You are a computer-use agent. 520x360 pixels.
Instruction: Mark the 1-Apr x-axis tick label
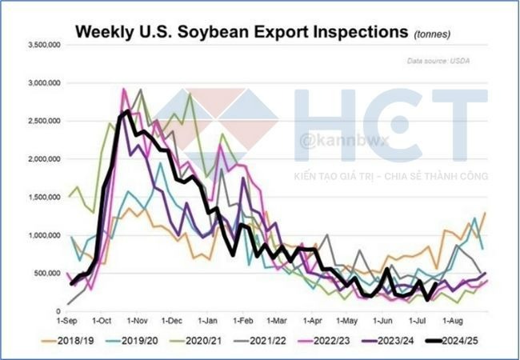pyautogui.click(x=317, y=319)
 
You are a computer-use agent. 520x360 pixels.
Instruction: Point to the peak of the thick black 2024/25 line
pyautogui.click(x=129, y=111)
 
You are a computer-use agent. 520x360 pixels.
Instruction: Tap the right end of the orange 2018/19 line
pyautogui.click(x=485, y=213)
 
